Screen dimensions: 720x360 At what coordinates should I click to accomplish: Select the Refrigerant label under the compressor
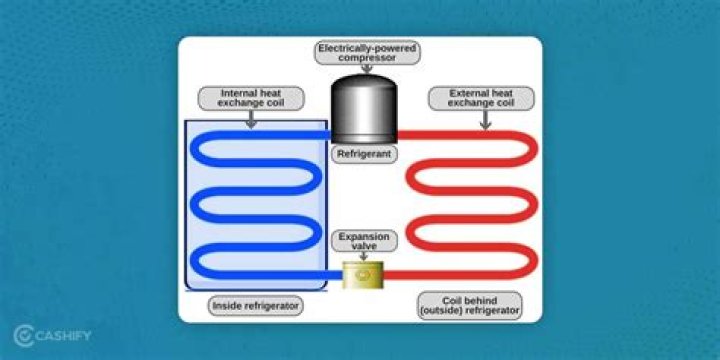tap(363, 155)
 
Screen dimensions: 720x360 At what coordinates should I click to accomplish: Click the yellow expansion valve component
tap(363, 275)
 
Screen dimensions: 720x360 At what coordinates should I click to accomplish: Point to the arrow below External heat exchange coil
tap(484, 119)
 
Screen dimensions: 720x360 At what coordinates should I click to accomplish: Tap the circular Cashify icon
tap(23, 334)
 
